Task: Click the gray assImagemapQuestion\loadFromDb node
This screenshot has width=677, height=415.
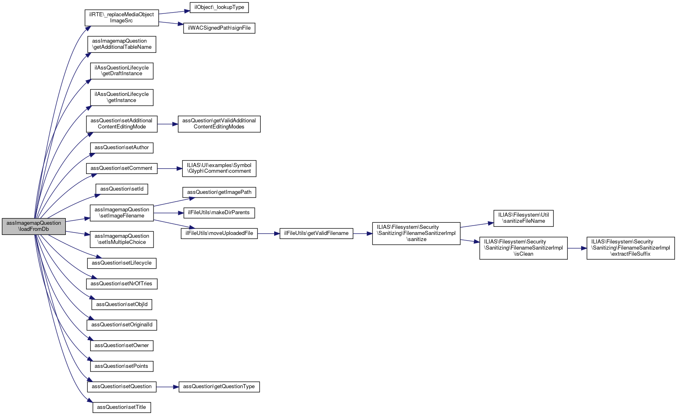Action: [34, 226]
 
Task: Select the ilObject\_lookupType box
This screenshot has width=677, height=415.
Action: [219, 8]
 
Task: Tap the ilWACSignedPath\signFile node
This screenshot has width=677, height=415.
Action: [219, 28]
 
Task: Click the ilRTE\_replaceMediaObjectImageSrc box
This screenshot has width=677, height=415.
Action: [121, 17]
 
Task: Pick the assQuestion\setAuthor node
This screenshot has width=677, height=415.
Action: [121, 148]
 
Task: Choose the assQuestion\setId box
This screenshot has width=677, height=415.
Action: [121, 189]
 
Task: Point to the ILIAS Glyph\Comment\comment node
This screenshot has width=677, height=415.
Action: [219, 168]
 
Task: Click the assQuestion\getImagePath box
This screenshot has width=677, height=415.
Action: [219, 192]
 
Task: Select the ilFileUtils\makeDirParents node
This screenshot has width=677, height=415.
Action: [219, 213]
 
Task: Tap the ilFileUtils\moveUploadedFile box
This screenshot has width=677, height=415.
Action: [219, 233]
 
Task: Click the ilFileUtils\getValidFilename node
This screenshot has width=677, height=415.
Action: [316, 233]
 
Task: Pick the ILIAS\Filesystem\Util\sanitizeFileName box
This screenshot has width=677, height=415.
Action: [523, 218]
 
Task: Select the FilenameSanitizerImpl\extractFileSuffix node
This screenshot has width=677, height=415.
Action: [630, 248]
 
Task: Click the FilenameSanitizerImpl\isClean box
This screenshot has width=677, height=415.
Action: [523, 248]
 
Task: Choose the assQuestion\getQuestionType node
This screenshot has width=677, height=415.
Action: [219, 387]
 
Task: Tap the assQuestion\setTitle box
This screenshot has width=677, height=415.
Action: [121, 407]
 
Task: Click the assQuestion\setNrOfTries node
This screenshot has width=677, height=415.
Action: [121, 284]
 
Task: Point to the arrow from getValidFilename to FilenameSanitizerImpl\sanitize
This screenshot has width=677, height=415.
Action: [363, 234]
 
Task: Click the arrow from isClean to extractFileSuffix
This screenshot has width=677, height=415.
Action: [577, 248]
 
